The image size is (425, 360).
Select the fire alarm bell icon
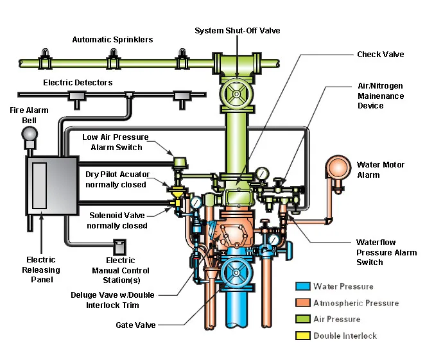[x=29, y=134]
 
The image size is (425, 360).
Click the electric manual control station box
[x=120, y=246]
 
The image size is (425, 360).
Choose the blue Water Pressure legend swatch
[x=302, y=286]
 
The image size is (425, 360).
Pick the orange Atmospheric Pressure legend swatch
[x=302, y=303]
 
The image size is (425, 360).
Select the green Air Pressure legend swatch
[x=302, y=319]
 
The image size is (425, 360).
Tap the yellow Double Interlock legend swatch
[x=302, y=336]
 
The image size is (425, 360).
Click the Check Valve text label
[x=380, y=55]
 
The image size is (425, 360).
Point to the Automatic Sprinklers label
[x=112, y=40]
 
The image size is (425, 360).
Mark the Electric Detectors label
[x=78, y=83]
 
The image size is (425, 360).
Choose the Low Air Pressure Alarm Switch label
[x=116, y=142]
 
